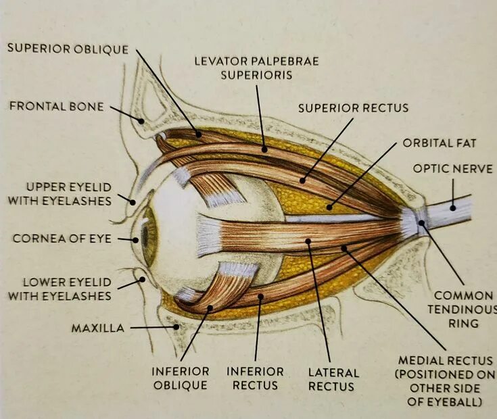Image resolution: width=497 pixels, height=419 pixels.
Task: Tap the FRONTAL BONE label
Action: [x=56, y=106]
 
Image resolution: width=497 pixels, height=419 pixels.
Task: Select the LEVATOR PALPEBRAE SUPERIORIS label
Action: [x=256, y=68]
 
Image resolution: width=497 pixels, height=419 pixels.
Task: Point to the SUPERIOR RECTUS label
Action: [x=353, y=107]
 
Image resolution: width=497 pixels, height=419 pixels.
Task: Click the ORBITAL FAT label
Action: [x=440, y=143]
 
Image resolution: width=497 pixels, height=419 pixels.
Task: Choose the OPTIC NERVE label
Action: [x=452, y=168]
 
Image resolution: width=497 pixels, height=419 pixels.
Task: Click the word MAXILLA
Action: [x=98, y=328]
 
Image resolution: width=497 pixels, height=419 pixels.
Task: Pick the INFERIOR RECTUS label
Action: [x=255, y=378]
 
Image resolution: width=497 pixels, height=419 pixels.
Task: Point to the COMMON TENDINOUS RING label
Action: [x=463, y=309]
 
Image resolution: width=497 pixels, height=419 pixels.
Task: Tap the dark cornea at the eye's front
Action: [x=137, y=238]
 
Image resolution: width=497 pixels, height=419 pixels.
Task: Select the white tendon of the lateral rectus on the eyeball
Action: [x=209, y=236]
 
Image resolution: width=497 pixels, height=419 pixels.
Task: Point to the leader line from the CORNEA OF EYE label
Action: [x=124, y=239]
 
